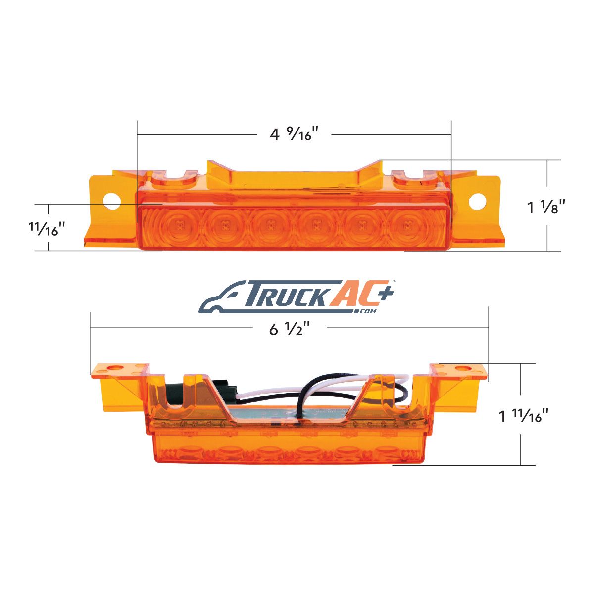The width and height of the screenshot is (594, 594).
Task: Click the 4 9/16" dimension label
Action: (x=294, y=134)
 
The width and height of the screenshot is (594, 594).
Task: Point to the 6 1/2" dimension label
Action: (x=289, y=330)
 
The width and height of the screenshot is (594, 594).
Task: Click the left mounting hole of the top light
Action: (x=112, y=201)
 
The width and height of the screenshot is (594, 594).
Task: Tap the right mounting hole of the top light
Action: (x=478, y=201)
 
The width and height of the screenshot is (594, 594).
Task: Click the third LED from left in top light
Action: (x=270, y=226)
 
